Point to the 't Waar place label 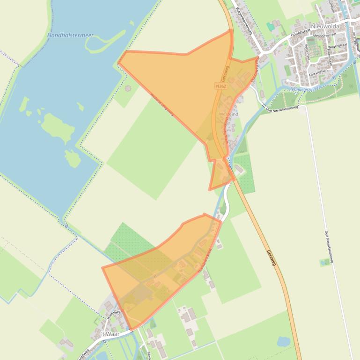[x=111, y=334]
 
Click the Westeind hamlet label [x=228, y=114]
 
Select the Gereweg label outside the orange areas [x=271, y=259]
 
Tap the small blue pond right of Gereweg [x=283, y=341]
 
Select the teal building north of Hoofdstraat [x=270, y=27]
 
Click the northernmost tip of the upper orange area [x=231, y=30]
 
